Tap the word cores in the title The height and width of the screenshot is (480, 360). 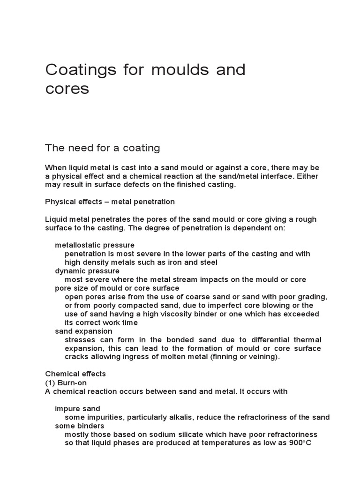(67, 89)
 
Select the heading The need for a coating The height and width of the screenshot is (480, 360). (103, 148)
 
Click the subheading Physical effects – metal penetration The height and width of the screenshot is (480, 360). (110, 202)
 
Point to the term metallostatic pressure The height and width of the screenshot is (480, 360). (95, 245)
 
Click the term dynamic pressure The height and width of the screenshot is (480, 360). (87, 271)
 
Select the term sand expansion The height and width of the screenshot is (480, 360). (83, 331)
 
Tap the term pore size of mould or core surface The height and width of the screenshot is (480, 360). (117, 288)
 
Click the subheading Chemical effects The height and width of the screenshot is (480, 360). (75, 374)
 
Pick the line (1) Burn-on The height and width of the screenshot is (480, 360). (66, 382)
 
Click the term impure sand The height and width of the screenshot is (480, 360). (77, 409)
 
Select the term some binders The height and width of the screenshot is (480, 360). (79, 426)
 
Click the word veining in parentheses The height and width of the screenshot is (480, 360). (263, 357)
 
